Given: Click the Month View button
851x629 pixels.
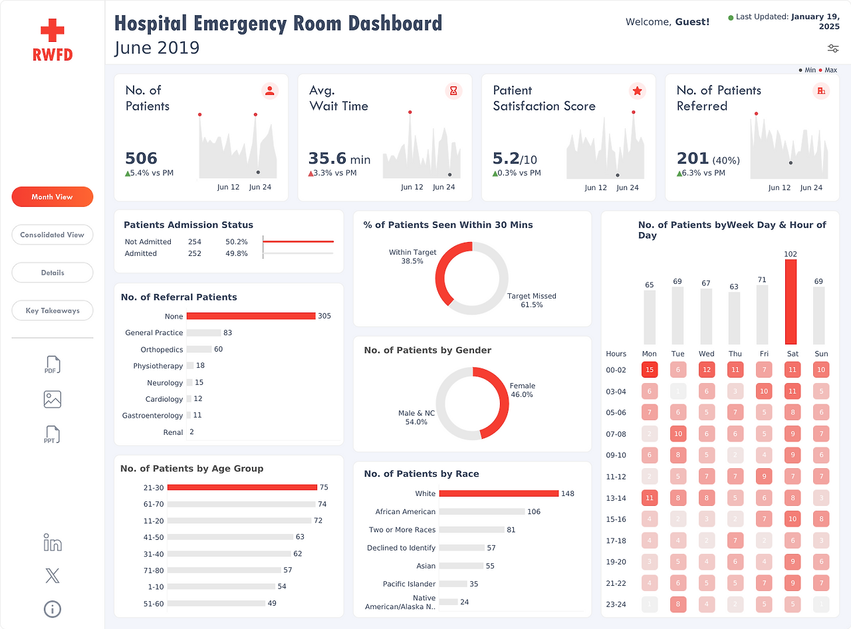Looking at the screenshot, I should (x=52, y=197).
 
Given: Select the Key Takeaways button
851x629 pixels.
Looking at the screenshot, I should (x=52, y=311).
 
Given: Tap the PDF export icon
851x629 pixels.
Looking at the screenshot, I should (x=53, y=365).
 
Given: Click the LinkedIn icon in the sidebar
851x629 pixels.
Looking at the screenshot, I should (x=53, y=542).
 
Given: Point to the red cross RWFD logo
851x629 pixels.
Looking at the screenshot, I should (x=53, y=39).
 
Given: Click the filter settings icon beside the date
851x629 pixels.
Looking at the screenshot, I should (x=833, y=49).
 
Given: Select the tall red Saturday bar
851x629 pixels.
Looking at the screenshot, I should (x=790, y=301).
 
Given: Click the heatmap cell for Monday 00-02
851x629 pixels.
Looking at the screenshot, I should (x=650, y=370).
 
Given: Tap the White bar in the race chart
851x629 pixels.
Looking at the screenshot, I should (x=499, y=493).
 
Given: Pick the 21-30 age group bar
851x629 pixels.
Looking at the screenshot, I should (x=242, y=487).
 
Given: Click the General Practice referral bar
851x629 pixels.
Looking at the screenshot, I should (x=203, y=332).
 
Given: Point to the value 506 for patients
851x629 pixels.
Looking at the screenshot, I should (x=142, y=158).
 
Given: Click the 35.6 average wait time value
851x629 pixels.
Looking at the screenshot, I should (x=327, y=158).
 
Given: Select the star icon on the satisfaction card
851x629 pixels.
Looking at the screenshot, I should (x=637, y=91).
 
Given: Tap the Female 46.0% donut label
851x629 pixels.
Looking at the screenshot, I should (x=522, y=390).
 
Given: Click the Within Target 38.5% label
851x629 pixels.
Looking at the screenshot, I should (x=413, y=257).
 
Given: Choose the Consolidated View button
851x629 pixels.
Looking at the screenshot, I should (x=52, y=235).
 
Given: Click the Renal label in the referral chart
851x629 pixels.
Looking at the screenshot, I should (x=173, y=432).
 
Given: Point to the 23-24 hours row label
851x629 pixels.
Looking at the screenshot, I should (x=616, y=604).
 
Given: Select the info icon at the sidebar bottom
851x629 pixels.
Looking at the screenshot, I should (x=53, y=608).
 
